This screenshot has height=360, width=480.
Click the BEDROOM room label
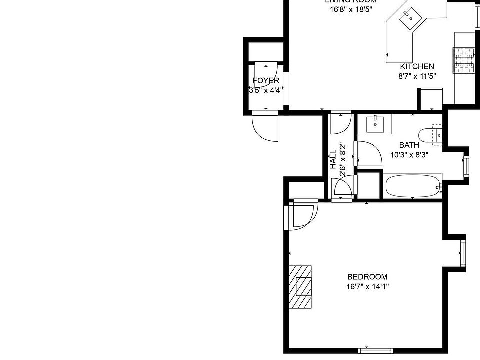pyautogui.click(x=367, y=277)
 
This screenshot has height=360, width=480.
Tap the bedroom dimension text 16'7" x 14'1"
pyautogui.click(x=367, y=287)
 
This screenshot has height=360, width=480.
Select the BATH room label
pyautogui.click(x=409, y=145)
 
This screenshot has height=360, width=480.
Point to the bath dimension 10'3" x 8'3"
pyautogui.click(x=409, y=155)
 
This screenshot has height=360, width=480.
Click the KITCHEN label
pyautogui.click(x=417, y=66)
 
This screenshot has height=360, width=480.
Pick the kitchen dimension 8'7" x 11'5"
pyautogui.click(x=417, y=76)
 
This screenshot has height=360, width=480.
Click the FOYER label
pyautogui.click(x=266, y=81)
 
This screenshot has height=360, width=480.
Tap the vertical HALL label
pyautogui.click(x=333, y=159)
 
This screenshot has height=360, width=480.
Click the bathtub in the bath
pyautogui.click(x=413, y=186)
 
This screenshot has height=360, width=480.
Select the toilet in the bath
pyautogui.click(x=430, y=135)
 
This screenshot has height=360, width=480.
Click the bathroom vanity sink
pyautogui.click(x=375, y=123)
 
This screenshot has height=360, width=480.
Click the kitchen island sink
pyautogui.click(x=411, y=18)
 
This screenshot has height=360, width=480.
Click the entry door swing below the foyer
pyautogui.click(x=264, y=128)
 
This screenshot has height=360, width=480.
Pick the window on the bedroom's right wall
pyautogui.click(x=463, y=253)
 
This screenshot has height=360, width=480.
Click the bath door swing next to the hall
pyautogui.click(x=367, y=154)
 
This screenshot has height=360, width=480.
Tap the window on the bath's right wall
pyautogui.click(x=466, y=166)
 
